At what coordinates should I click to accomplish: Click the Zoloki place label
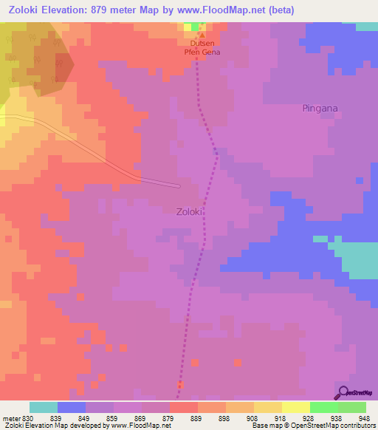coord(190,211)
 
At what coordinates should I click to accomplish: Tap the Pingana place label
coord(320,109)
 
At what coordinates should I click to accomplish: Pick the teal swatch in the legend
coord(44,407)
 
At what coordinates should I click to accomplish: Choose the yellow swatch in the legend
coord(268,407)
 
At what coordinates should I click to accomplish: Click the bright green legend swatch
coord(324,407)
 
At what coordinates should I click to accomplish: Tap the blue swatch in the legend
coord(72,407)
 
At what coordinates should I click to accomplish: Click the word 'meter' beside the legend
coord(10,419)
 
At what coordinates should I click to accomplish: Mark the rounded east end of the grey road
coord(177,185)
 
